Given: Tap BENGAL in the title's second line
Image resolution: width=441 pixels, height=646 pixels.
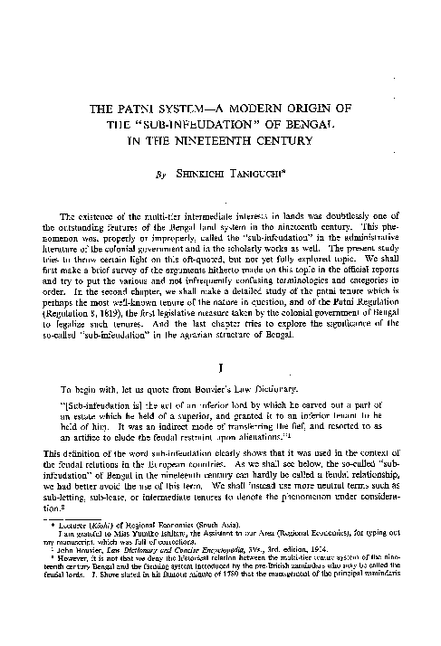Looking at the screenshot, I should click(296, 127).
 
